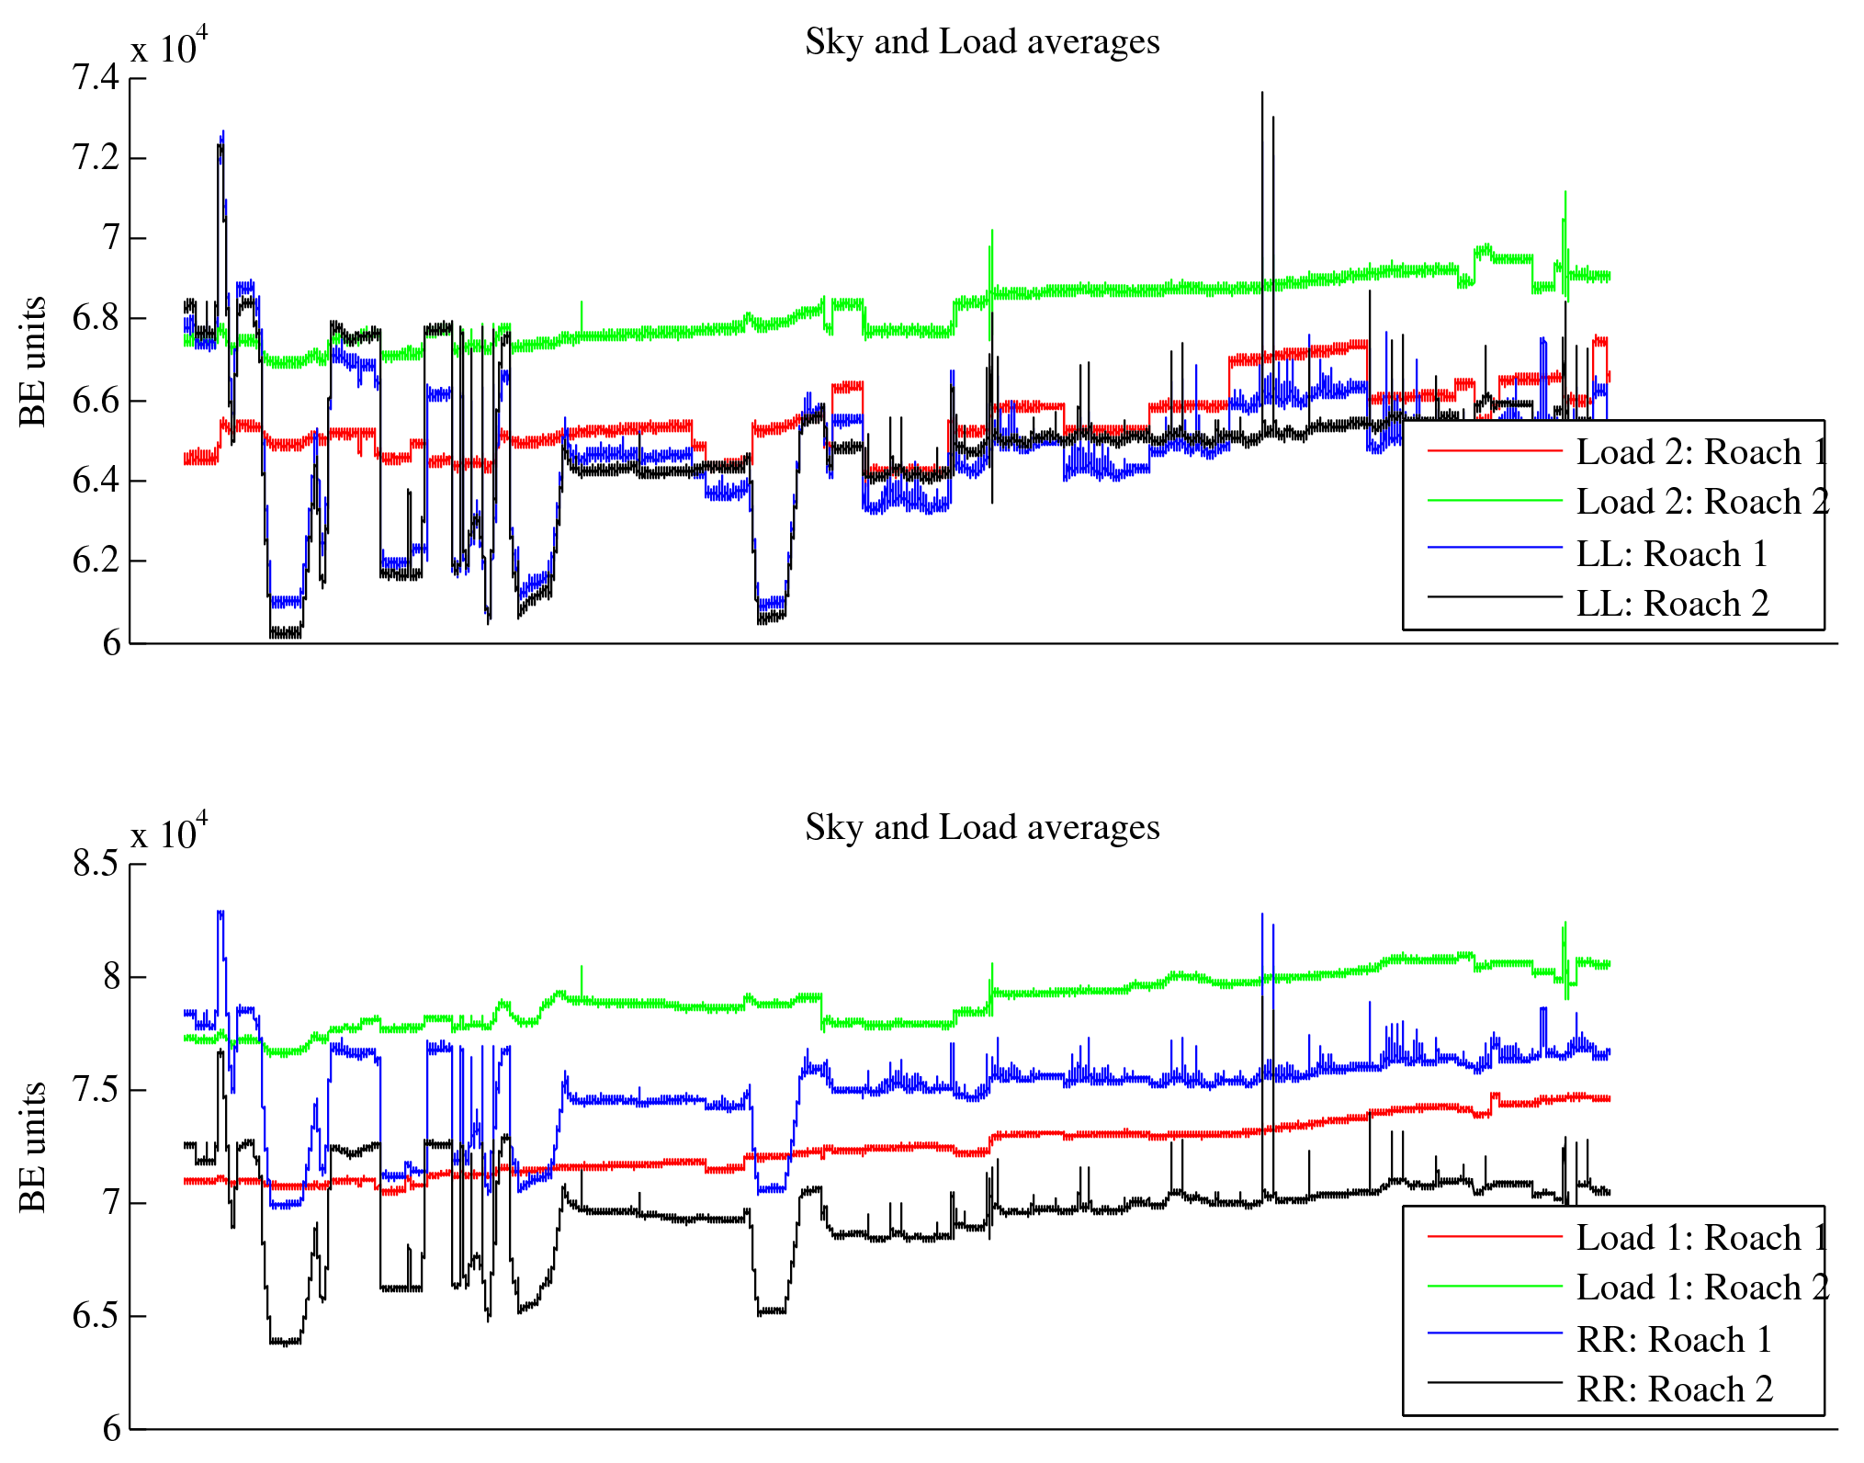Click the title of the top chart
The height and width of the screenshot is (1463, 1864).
[x=982, y=42]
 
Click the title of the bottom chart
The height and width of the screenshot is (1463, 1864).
[x=982, y=828]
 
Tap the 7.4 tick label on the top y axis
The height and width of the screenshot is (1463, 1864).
[x=96, y=77]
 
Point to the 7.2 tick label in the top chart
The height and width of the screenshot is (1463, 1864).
[x=96, y=158]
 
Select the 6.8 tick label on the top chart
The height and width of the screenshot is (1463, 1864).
[x=96, y=319]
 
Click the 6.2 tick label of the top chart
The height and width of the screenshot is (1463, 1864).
[x=96, y=561]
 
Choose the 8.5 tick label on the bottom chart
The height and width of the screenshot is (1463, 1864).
[x=96, y=864]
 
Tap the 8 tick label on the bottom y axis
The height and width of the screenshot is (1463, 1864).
[x=111, y=977]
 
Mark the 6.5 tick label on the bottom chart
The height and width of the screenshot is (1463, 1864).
[x=96, y=1316]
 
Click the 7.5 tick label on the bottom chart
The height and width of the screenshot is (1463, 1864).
[x=96, y=1090]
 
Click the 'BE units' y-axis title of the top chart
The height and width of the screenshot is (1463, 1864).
[x=32, y=361]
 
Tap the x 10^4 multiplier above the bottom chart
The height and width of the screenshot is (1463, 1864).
[x=169, y=833]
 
